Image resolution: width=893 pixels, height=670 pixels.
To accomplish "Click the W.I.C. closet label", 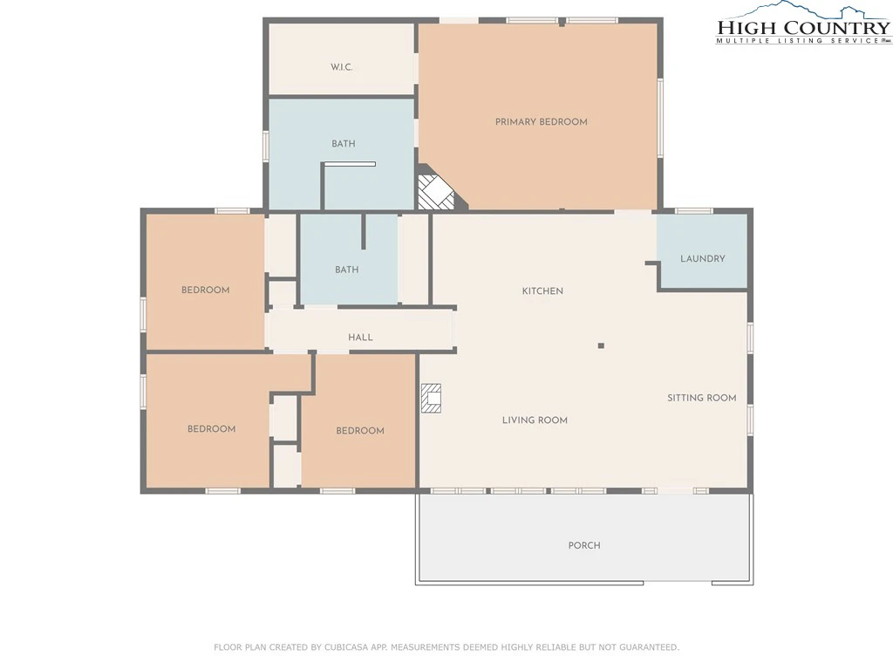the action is coord(342,67).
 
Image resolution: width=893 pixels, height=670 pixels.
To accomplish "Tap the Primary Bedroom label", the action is coord(541,121).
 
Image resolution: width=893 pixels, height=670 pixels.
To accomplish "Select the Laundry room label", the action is coord(703,258).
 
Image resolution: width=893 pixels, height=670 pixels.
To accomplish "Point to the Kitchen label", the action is coord(542,291).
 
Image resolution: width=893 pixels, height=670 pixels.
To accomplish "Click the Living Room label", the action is coord(535,420).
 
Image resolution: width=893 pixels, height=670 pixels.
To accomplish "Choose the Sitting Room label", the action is coord(702,398).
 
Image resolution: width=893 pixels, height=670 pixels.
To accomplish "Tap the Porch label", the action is coord(584,545).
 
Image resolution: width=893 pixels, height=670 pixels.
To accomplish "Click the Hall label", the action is coord(360,338).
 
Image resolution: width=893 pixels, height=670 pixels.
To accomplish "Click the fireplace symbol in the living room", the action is coord(431,398).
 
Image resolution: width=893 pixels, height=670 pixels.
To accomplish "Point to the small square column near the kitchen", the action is coord(601,345).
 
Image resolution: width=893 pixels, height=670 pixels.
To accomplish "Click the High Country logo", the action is coord(803,24).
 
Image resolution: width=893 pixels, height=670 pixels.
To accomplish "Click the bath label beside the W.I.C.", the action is coord(344,144).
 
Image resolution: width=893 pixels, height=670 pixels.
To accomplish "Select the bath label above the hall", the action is coord(347,270).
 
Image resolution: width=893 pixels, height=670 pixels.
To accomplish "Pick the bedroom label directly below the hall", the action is coord(360,431).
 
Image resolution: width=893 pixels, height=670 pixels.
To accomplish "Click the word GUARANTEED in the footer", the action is coord(648,647).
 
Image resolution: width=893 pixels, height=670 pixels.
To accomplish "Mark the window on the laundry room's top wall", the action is coord(693,211).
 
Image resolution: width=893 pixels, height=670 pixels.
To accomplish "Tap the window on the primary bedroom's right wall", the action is coord(661,118).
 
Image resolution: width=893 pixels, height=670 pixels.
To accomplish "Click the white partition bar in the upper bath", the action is coord(350,164).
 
